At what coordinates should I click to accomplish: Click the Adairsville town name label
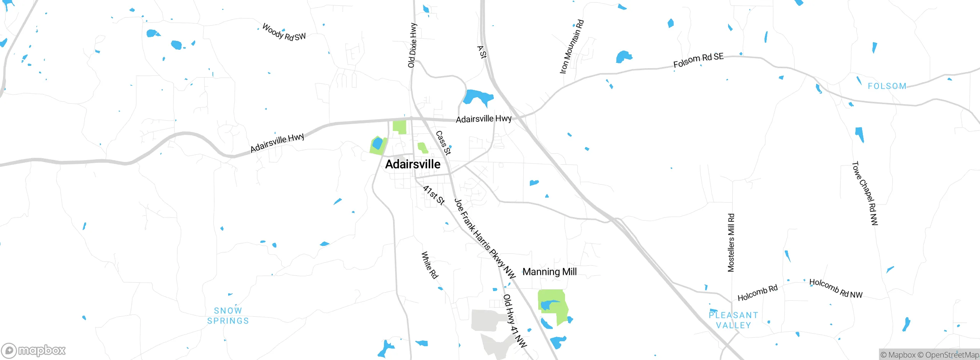(413, 164)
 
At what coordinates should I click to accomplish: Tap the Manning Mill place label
(549, 272)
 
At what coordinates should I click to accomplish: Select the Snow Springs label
(228, 316)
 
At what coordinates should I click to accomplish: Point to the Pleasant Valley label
(733, 320)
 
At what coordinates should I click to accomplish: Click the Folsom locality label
(887, 86)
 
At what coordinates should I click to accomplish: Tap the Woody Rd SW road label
(284, 33)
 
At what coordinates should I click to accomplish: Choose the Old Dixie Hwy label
(412, 45)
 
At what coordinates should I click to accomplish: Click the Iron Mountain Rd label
(572, 47)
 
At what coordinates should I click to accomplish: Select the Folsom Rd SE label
(698, 60)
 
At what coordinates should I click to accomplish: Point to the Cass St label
(443, 143)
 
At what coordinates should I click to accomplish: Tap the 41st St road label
(434, 195)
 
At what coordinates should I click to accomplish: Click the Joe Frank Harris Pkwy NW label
(485, 238)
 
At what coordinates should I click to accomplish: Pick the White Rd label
(430, 265)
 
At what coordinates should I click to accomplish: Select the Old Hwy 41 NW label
(515, 321)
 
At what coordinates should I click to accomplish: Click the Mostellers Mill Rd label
(731, 243)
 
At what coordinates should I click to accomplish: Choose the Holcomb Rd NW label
(836, 288)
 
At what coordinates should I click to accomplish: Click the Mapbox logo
(34, 350)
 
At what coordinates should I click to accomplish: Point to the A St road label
(482, 52)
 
